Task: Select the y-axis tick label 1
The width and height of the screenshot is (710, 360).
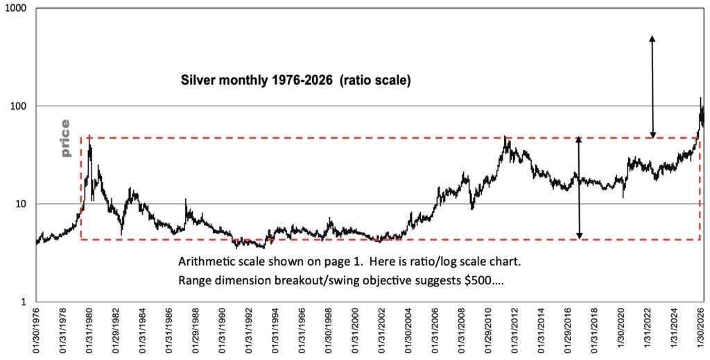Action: coord(23,302)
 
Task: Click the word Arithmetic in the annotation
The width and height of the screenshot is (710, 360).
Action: coord(207,263)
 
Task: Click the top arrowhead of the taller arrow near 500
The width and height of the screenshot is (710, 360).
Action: coord(652,37)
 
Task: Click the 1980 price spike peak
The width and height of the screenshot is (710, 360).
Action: coord(90,136)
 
